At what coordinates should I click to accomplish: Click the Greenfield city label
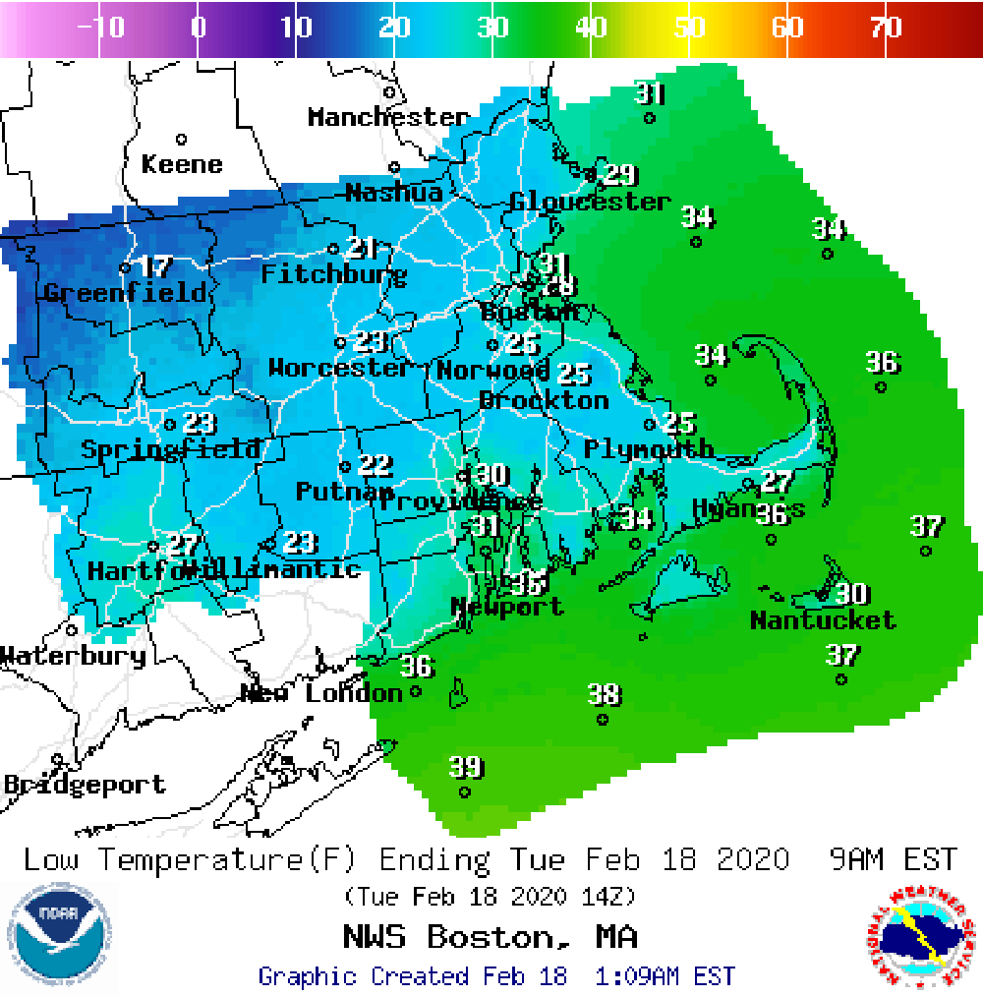tap(126, 293)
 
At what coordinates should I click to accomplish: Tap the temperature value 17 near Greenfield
tap(156, 266)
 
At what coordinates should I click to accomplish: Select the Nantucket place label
tap(823, 620)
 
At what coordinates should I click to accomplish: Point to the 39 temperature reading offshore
tap(466, 767)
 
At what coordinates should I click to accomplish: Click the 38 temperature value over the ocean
tap(605, 695)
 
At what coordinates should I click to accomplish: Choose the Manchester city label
tap(388, 117)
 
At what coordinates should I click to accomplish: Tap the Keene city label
tap(182, 164)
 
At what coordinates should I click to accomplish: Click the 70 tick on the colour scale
tap(886, 28)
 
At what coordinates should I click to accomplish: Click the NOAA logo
tap(59, 931)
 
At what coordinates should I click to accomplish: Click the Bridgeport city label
tap(85, 785)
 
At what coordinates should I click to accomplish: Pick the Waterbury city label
tap(73, 656)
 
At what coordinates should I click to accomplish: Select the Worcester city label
tap(341, 369)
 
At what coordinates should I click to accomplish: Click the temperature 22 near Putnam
tap(375, 465)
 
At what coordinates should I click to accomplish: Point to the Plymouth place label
tap(649, 449)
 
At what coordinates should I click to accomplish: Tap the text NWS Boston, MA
tap(490, 935)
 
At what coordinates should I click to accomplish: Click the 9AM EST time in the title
tap(893, 859)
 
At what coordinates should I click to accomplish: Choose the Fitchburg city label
tap(333, 274)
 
